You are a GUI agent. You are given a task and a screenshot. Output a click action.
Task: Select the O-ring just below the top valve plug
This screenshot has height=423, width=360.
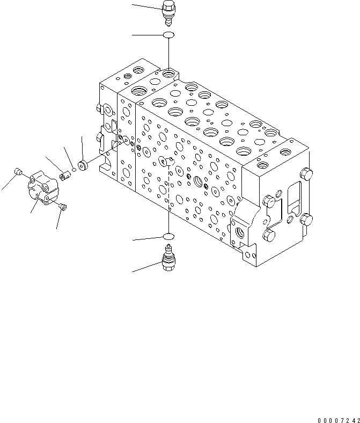168,35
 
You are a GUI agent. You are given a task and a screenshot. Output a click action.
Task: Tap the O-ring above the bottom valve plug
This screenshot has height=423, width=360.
168,236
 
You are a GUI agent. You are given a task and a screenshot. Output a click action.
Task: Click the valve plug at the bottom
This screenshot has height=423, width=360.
168,259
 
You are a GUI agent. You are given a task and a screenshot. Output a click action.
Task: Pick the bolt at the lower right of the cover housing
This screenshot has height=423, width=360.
62,206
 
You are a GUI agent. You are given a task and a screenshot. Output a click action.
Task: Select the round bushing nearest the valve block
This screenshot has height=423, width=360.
83,164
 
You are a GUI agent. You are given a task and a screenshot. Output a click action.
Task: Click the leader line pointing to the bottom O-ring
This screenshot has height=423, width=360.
147,238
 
